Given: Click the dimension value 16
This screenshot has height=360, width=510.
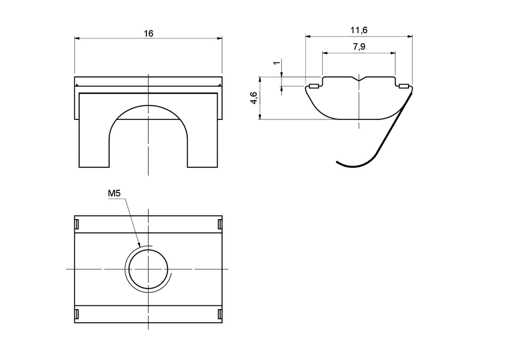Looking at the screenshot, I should [x=148, y=34].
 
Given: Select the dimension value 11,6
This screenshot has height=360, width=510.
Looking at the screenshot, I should [x=359, y=31].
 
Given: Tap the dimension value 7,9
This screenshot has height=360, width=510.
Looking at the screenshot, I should [x=359, y=47].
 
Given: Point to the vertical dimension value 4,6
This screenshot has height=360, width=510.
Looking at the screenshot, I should [x=254, y=98].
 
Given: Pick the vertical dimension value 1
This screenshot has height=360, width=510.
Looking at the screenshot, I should [x=275, y=63].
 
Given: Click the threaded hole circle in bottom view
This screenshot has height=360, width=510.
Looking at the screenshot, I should [x=148, y=269].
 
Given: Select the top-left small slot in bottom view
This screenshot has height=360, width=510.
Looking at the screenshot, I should [x=77, y=224].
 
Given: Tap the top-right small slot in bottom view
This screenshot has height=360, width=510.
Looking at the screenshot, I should [x=220, y=224].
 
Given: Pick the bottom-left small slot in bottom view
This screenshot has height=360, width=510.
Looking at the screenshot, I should [x=77, y=314].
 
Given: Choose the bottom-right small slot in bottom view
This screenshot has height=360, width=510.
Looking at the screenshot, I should [x=220, y=314].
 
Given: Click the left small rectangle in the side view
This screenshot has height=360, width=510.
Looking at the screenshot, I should [x=313, y=86].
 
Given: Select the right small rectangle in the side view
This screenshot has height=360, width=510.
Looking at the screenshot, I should [x=404, y=86].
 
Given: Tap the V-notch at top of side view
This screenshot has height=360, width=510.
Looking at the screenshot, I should [x=359, y=79].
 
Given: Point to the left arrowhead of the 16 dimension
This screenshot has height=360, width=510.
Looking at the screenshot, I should [x=76, y=38].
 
